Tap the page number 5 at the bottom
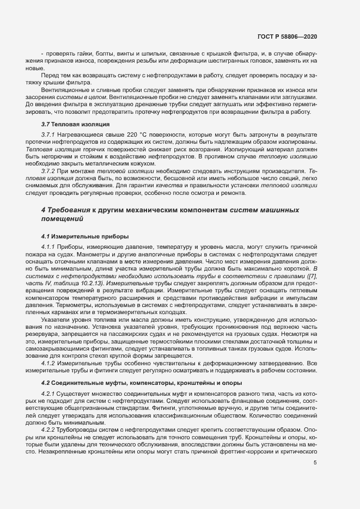pyautogui.click(x=315, y=463)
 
